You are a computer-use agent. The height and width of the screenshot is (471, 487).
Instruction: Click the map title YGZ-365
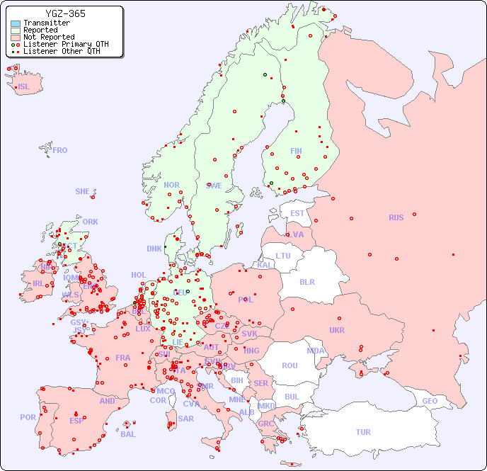click(65, 13)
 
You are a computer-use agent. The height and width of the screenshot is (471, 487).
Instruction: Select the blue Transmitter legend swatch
click(16, 23)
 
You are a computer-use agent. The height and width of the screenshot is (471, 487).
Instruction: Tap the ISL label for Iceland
click(24, 87)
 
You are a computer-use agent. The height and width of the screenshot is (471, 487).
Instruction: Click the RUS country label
click(396, 217)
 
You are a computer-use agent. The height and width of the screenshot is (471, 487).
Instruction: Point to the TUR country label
click(363, 432)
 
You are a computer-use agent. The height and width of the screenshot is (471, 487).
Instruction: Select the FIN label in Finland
click(296, 151)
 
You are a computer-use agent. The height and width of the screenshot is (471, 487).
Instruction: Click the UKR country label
click(337, 330)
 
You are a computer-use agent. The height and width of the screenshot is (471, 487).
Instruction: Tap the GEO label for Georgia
click(430, 401)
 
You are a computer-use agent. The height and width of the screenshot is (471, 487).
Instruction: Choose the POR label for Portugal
click(28, 417)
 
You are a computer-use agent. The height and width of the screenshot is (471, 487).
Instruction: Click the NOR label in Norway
click(171, 185)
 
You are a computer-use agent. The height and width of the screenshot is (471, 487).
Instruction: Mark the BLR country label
click(306, 281)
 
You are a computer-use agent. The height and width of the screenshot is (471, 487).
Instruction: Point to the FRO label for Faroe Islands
click(59, 150)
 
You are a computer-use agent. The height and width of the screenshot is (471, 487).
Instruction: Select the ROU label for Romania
click(290, 365)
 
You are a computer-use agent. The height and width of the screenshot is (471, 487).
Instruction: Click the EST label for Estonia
click(297, 213)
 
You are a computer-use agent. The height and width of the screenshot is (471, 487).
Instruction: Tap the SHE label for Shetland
click(83, 191)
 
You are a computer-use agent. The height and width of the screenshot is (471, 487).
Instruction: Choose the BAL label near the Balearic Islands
click(127, 434)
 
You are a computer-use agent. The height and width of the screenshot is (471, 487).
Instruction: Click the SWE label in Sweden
click(214, 186)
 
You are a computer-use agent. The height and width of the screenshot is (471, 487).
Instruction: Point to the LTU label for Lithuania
click(283, 256)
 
